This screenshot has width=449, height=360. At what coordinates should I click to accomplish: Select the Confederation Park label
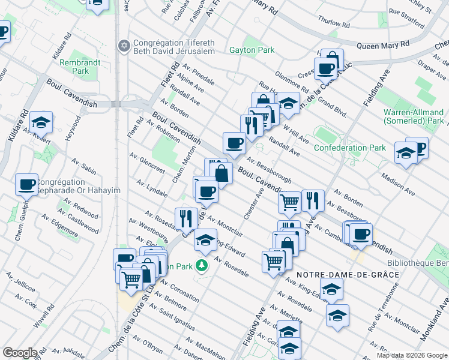350,148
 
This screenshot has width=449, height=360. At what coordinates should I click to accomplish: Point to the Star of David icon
125,46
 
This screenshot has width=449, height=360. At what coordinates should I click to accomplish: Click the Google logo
20,353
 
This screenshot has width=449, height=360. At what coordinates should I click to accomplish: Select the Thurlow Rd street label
333,22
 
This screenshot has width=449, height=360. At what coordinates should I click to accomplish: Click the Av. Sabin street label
84,166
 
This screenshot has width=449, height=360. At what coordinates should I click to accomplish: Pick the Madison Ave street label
398,184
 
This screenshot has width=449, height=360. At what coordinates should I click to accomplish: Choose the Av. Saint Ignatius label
172,317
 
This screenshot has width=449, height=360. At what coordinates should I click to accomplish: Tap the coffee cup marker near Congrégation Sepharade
26,184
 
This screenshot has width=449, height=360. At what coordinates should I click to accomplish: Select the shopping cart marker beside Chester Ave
290,202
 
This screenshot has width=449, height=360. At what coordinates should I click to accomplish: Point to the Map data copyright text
412,355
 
